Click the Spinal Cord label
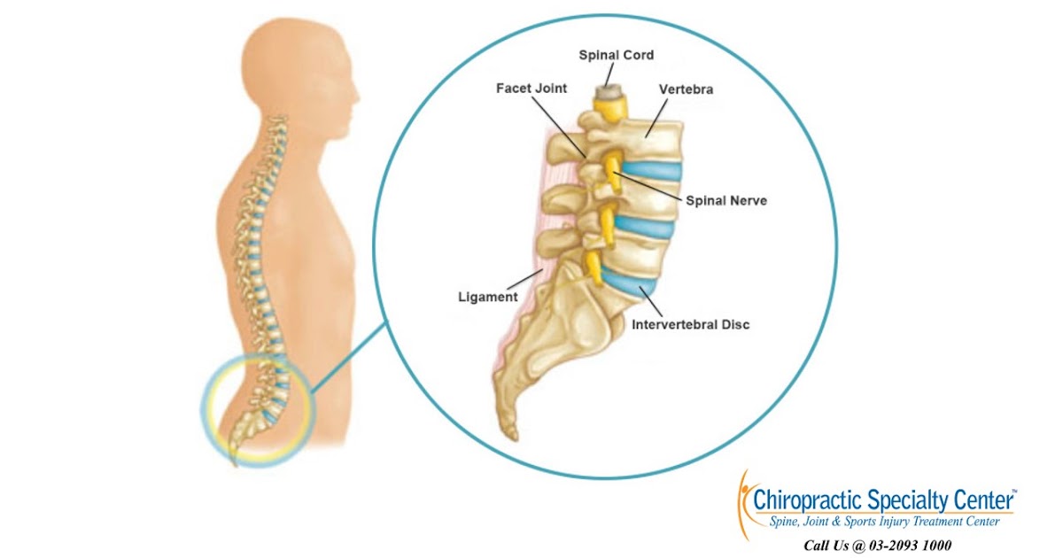click(x=616, y=55)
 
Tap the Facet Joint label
click(x=531, y=89)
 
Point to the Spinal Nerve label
click(x=726, y=201)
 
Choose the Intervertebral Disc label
click(x=690, y=325)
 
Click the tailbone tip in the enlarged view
click(x=510, y=434)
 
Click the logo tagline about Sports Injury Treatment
click(x=881, y=522)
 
